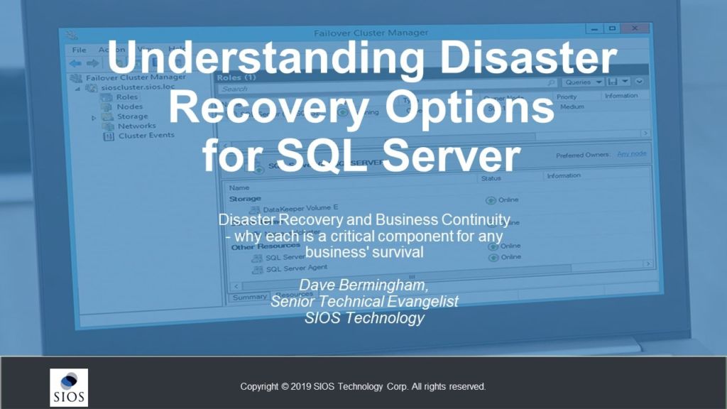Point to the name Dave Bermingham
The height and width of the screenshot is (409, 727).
coord(363,285)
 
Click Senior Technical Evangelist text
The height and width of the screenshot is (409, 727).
coord(363,302)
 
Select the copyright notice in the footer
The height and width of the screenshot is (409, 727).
coord(363,387)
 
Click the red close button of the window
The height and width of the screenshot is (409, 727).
coord(635,29)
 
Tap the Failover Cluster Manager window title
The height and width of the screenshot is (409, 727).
coord(371,33)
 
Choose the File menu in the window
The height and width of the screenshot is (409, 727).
coord(80,50)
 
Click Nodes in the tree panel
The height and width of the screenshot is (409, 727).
coord(129,107)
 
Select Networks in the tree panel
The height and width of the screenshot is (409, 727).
coord(136,126)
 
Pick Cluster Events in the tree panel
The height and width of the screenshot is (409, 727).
coord(146,136)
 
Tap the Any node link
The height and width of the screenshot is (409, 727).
coord(631,154)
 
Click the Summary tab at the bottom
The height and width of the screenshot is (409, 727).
coord(249,297)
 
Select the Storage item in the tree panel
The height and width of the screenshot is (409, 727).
coord(132,116)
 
